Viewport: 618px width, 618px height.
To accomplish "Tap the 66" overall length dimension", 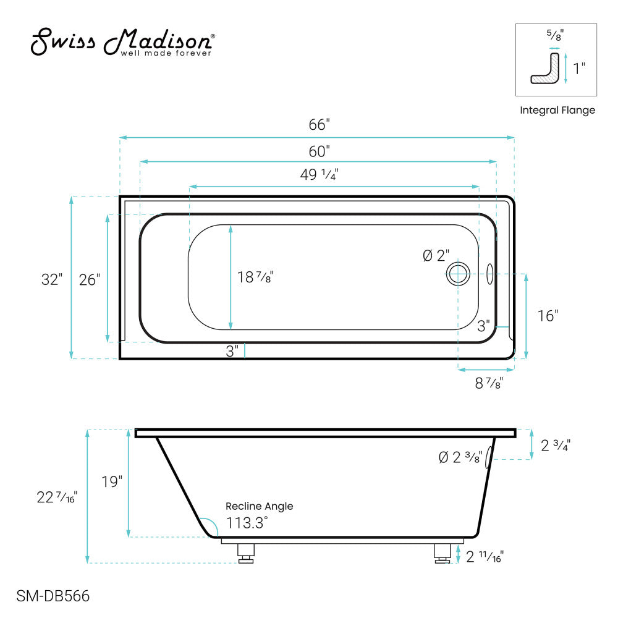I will click(x=319, y=124).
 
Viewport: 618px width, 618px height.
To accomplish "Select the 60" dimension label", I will click(x=319, y=150).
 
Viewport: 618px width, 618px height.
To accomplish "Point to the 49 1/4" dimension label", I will click(x=319, y=174).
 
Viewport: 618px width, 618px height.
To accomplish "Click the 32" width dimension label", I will click(x=53, y=279).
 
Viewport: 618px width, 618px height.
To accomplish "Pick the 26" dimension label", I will click(x=90, y=279).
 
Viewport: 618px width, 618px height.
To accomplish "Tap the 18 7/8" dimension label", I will click(x=255, y=277).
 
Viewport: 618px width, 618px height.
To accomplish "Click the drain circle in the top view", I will click(x=458, y=273).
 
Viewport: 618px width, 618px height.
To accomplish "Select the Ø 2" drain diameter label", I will click(x=436, y=256).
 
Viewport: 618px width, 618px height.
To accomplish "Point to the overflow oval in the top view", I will click(x=490, y=274).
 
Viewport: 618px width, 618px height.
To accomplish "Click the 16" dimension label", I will click(x=548, y=315).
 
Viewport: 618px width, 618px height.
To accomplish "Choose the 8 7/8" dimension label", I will click(x=488, y=383).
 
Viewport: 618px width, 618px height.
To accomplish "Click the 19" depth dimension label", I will click(x=112, y=481).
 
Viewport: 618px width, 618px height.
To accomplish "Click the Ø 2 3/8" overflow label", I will click(x=460, y=457).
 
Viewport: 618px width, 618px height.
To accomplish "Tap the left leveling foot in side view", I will click(x=247, y=552).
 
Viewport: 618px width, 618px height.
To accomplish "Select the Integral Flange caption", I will click(x=557, y=111).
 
